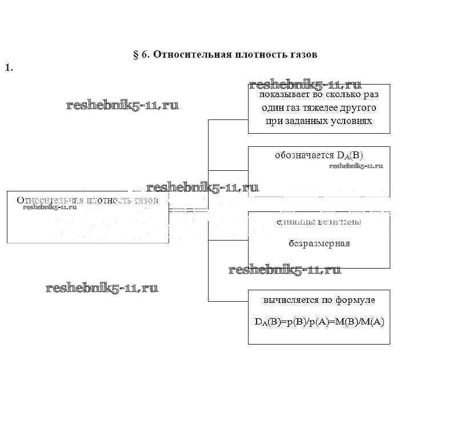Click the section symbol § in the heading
tap(136, 55)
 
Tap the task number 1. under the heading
tap(9, 67)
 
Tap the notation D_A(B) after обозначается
tap(350, 155)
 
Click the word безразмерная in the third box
tap(319, 243)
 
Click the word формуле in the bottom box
tap(359, 299)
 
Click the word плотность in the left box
tap(109, 201)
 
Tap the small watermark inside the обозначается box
tap(356, 166)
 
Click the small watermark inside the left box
tap(50, 207)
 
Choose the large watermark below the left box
tap(102, 288)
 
